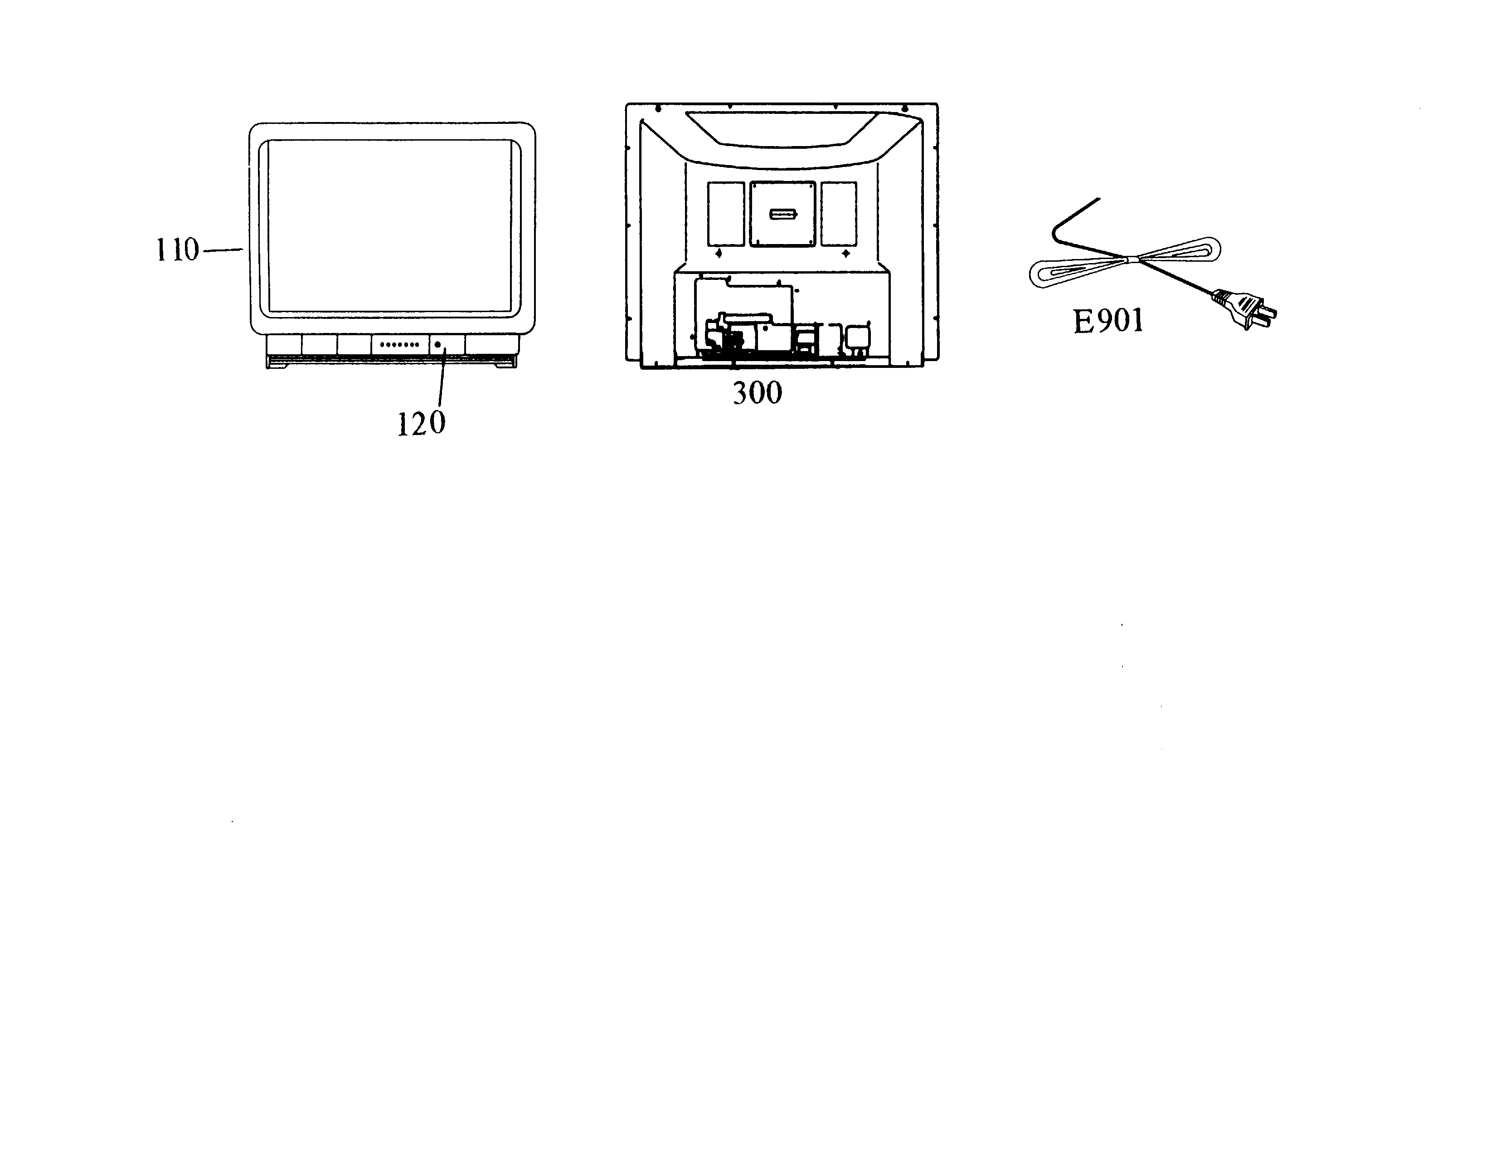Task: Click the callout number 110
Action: pyautogui.click(x=177, y=250)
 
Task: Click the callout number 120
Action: pyautogui.click(x=421, y=424)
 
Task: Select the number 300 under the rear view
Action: pyautogui.click(x=758, y=393)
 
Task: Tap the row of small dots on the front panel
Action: pyautogui.click(x=399, y=345)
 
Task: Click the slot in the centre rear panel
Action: pyautogui.click(x=783, y=215)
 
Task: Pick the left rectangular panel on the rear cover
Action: pyautogui.click(x=725, y=214)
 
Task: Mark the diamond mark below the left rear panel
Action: pyautogui.click(x=718, y=254)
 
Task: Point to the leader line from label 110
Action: pyautogui.click(x=223, y=250)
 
